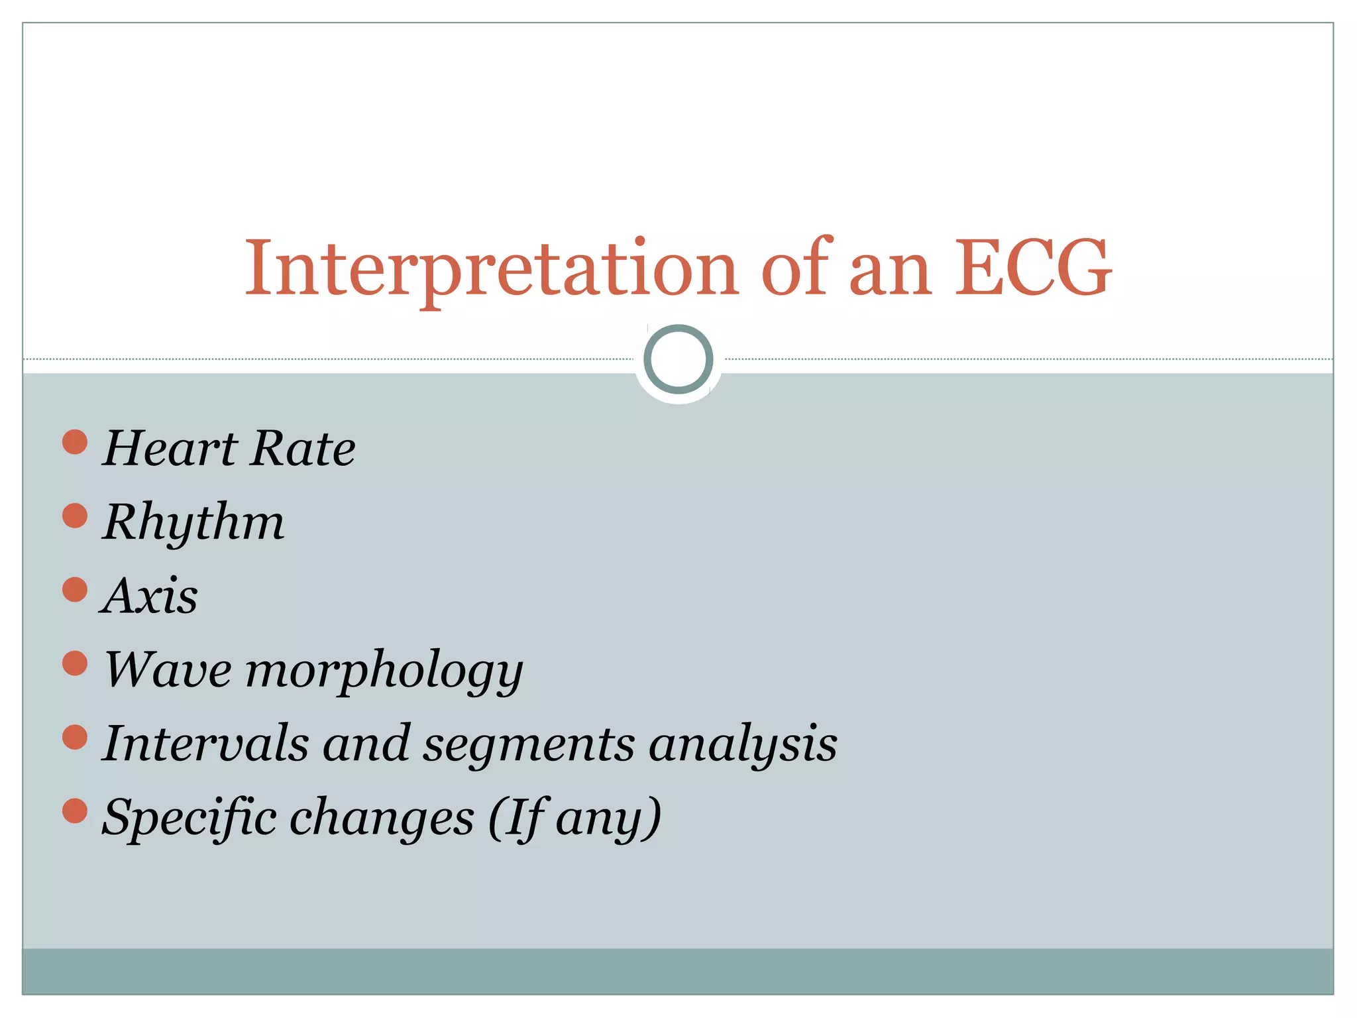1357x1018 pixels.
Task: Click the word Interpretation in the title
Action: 491,269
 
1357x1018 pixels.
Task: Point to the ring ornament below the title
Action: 678,359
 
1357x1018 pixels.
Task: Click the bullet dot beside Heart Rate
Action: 75,442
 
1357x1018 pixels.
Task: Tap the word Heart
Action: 170,449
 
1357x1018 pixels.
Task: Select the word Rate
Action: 303,449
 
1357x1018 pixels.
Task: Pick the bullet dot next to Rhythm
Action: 75,516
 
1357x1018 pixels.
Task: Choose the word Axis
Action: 150,596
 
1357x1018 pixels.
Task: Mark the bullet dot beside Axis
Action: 75,589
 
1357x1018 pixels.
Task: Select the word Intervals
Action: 206,743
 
